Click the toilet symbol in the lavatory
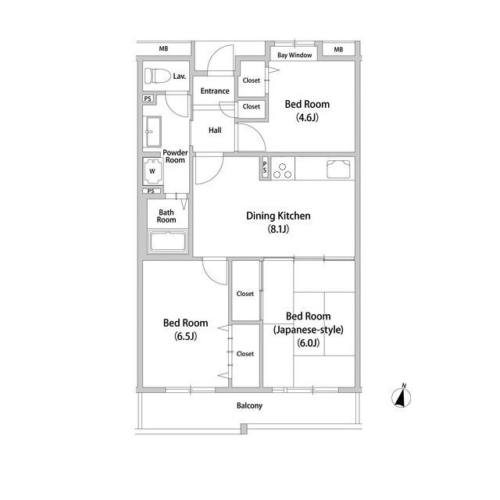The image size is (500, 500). coord(157,76)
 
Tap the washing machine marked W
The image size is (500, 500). coord(153,171)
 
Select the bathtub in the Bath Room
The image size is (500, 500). coord(168,241)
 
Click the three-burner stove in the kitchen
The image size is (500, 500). coord(283,170)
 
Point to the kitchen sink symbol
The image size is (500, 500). coord(338,169)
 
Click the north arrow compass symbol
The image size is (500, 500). coord(402,396)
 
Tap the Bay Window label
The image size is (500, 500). coord(295,55)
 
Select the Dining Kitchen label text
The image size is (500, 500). coord(278,216)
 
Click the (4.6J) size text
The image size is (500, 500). coord(307,118)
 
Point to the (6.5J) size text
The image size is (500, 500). coord(185,336)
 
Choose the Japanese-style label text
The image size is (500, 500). coord(308,330)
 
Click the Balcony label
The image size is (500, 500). coord(249,405)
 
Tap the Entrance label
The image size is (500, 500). coord(215,91)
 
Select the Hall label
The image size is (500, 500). coord(215,130)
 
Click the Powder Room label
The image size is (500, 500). coord(175,156)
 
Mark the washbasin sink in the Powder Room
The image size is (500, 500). coord(153,131)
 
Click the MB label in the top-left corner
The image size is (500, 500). coord(163,48)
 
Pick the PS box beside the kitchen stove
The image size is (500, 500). coord(265,168)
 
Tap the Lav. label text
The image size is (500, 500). coord(180,77)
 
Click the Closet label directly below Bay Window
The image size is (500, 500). coord(252,80)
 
